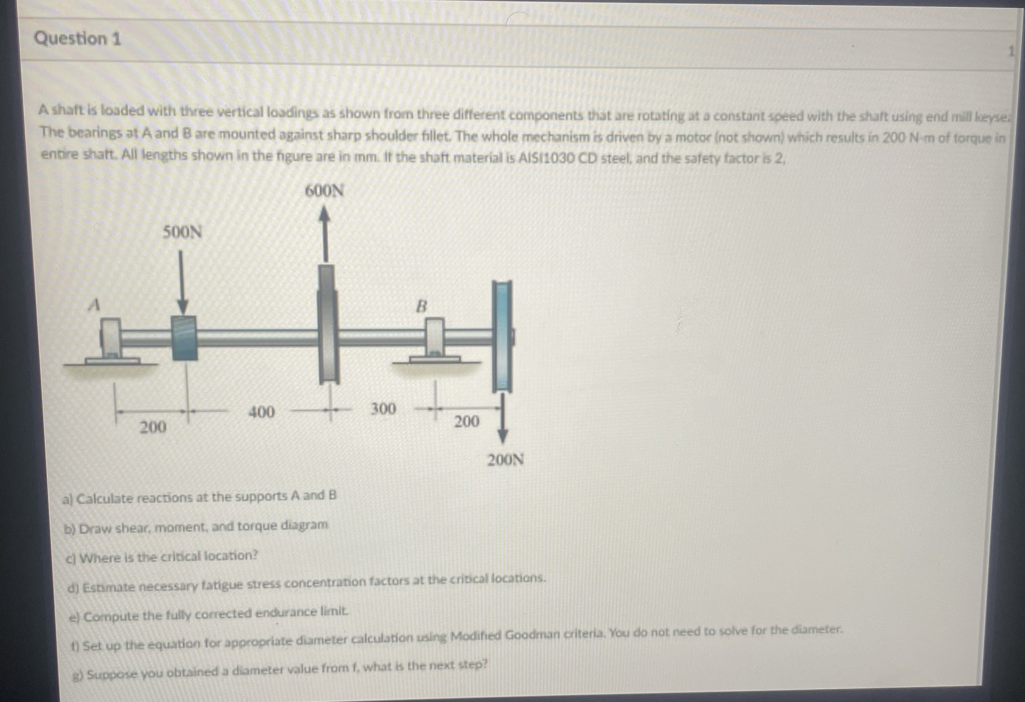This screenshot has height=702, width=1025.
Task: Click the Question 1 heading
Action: point(78,39)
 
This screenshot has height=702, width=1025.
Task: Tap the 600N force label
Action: point(324,191)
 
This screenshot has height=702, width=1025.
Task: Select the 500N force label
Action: point(182,232)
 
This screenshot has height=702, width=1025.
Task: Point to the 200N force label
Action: point(506,460)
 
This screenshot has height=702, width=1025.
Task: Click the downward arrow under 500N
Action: point(183,282)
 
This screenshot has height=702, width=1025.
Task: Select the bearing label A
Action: point(94,304)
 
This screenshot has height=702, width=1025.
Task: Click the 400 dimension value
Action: point(261,412)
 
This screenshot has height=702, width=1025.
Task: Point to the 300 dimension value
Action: point(382,409)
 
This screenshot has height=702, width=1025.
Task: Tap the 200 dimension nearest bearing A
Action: point(153,427)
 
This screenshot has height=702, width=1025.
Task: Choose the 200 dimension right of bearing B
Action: point(467,422)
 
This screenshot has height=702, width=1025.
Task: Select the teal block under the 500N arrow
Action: point(184,338)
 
